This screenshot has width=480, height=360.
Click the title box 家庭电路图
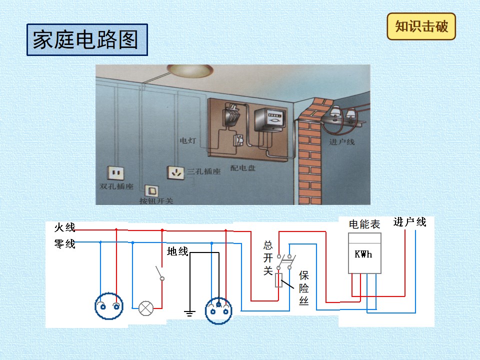87,40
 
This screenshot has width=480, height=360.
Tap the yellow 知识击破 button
421,26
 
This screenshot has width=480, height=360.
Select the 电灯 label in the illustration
188,140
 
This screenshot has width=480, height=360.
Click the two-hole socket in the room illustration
115,173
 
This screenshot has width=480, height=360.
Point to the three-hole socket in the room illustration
175,173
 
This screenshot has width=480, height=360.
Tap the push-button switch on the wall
151,191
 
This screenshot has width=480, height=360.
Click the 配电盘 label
243,168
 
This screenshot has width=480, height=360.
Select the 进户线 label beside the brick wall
342,141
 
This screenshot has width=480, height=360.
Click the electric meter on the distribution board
270,119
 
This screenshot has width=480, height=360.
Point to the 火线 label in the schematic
64,227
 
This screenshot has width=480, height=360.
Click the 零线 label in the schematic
64,244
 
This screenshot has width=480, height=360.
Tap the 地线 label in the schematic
177,251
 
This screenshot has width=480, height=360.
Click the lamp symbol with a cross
146,308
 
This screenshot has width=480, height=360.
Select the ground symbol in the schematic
189,313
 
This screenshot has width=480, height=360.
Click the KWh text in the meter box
363,254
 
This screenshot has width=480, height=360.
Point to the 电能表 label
364,224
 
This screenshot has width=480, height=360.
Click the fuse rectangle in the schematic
278,280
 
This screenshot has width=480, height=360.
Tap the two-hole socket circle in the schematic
109,306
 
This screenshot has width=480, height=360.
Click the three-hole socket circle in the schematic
218,310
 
